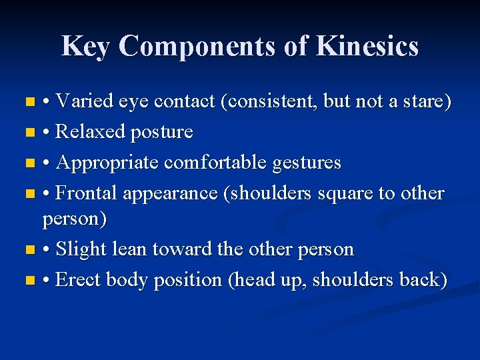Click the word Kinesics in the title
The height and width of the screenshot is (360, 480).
coord(367,46)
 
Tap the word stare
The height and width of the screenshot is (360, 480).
coord(425,102)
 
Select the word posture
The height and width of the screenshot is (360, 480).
coord(162,133)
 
